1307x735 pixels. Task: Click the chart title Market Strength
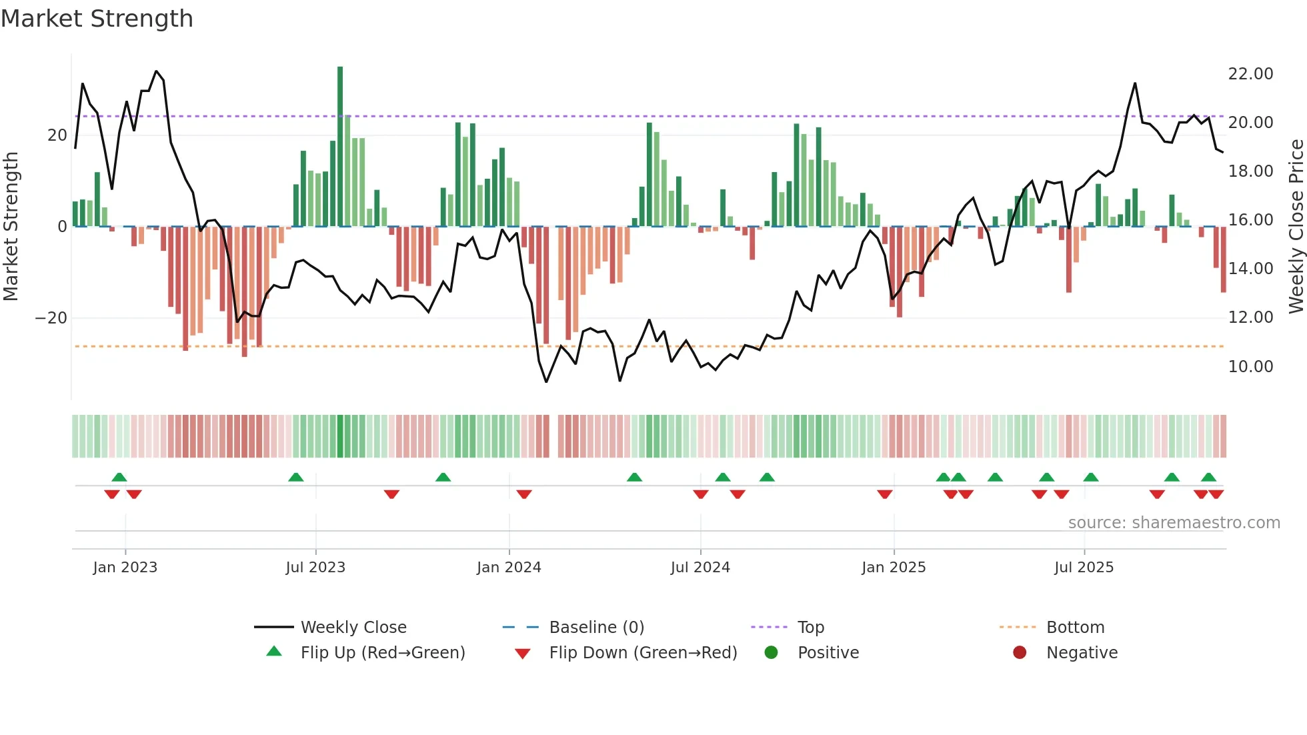pyautogui.click(x=97, y=19)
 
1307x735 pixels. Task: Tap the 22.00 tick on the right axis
pyautogui.click(x=1250, y=74)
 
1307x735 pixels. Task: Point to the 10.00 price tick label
pyautogui.click(x=1250, y=366)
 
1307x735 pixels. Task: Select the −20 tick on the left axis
pyautogui.click(x=51, y=318)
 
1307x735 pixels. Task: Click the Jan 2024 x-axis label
pyautogui.click(x=509, y=568)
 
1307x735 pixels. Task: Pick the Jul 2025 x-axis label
pyautogui.click(x=1084, y=568)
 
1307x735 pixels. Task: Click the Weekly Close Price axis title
pyautogui.click(x=1296, y=226)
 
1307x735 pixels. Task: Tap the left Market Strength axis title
pyautogui.click(x=11, y=226)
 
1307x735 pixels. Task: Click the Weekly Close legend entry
pyautogui.click(x=353, y=628)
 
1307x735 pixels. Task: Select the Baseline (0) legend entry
pyautogui.click(x=596, y=628)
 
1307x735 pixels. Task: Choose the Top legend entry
pyautogui.click(x=810, y=628)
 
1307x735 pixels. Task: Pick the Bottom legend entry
pyautogui.click(x=1075, y=628)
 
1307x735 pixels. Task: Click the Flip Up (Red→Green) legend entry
pyautogui.click(x=382, y=653)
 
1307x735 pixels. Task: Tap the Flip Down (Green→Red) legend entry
pyautogui.click(x=643, y=653)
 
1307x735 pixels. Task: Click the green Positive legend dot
pyautogui.click(x=772, y=653)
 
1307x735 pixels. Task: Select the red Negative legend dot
pyautogui.click(x=1020, y=653)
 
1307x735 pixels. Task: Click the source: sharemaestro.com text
pyautogui.click(x=1174, y=523)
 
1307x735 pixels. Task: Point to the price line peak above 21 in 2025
pyautogui.click(x=1135, y=84)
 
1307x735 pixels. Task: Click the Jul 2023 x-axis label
pyautogui.click(x=315, y=568)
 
